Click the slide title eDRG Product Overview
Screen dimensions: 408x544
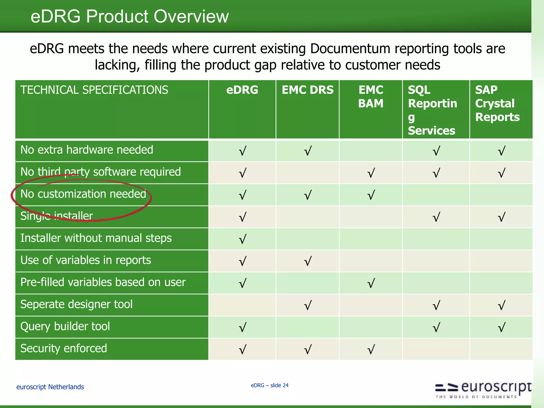[x=129, y=16]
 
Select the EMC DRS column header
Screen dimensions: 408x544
[x=307, y=90]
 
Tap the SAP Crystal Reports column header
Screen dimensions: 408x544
[x=497, y=103]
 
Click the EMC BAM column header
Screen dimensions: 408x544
[x=371, y=97]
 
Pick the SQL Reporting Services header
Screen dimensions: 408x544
[x=432, y=110]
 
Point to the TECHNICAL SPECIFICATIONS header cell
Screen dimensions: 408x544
[x=94, y=90]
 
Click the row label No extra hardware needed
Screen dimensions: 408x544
[x=87, y=150]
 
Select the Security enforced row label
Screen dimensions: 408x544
[x=64, y=348]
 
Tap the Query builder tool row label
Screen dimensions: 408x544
[x=65, y=326]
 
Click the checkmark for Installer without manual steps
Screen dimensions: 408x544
[x=242, y=239]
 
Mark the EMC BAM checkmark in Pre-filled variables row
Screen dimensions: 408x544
[x=371, y=283]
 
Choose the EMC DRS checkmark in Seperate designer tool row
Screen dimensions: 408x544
[x=308, y=305]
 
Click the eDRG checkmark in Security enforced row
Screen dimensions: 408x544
[x=242, y=349]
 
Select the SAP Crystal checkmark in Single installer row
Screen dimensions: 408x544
[x=501, y=217]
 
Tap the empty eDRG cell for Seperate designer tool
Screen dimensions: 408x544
[x=242, y=305]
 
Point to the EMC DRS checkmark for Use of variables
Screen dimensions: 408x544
[x=308, y=261]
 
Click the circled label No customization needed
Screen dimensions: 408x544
[x=83, y=194]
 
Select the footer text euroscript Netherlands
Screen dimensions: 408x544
[x=50, y=387]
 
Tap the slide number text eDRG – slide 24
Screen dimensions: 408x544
[x=270, y=385]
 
